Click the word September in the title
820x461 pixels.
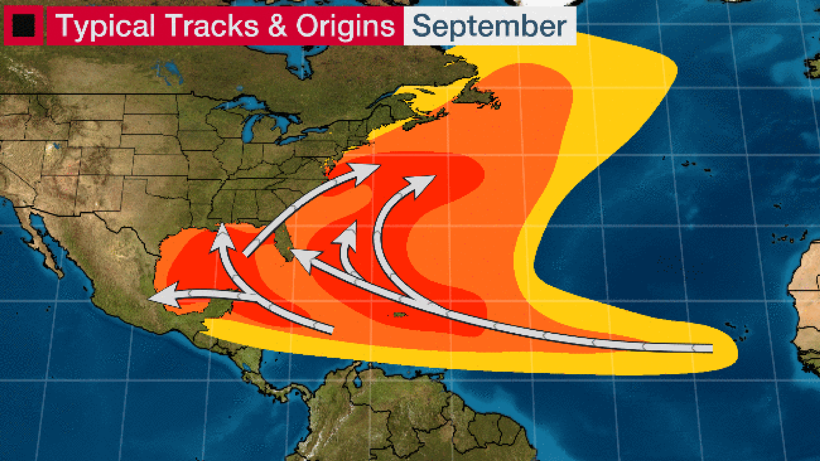point(489,26)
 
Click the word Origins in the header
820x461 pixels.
point(345,26)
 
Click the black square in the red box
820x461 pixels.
point(23,25)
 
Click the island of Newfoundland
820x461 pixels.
point(477,95)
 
